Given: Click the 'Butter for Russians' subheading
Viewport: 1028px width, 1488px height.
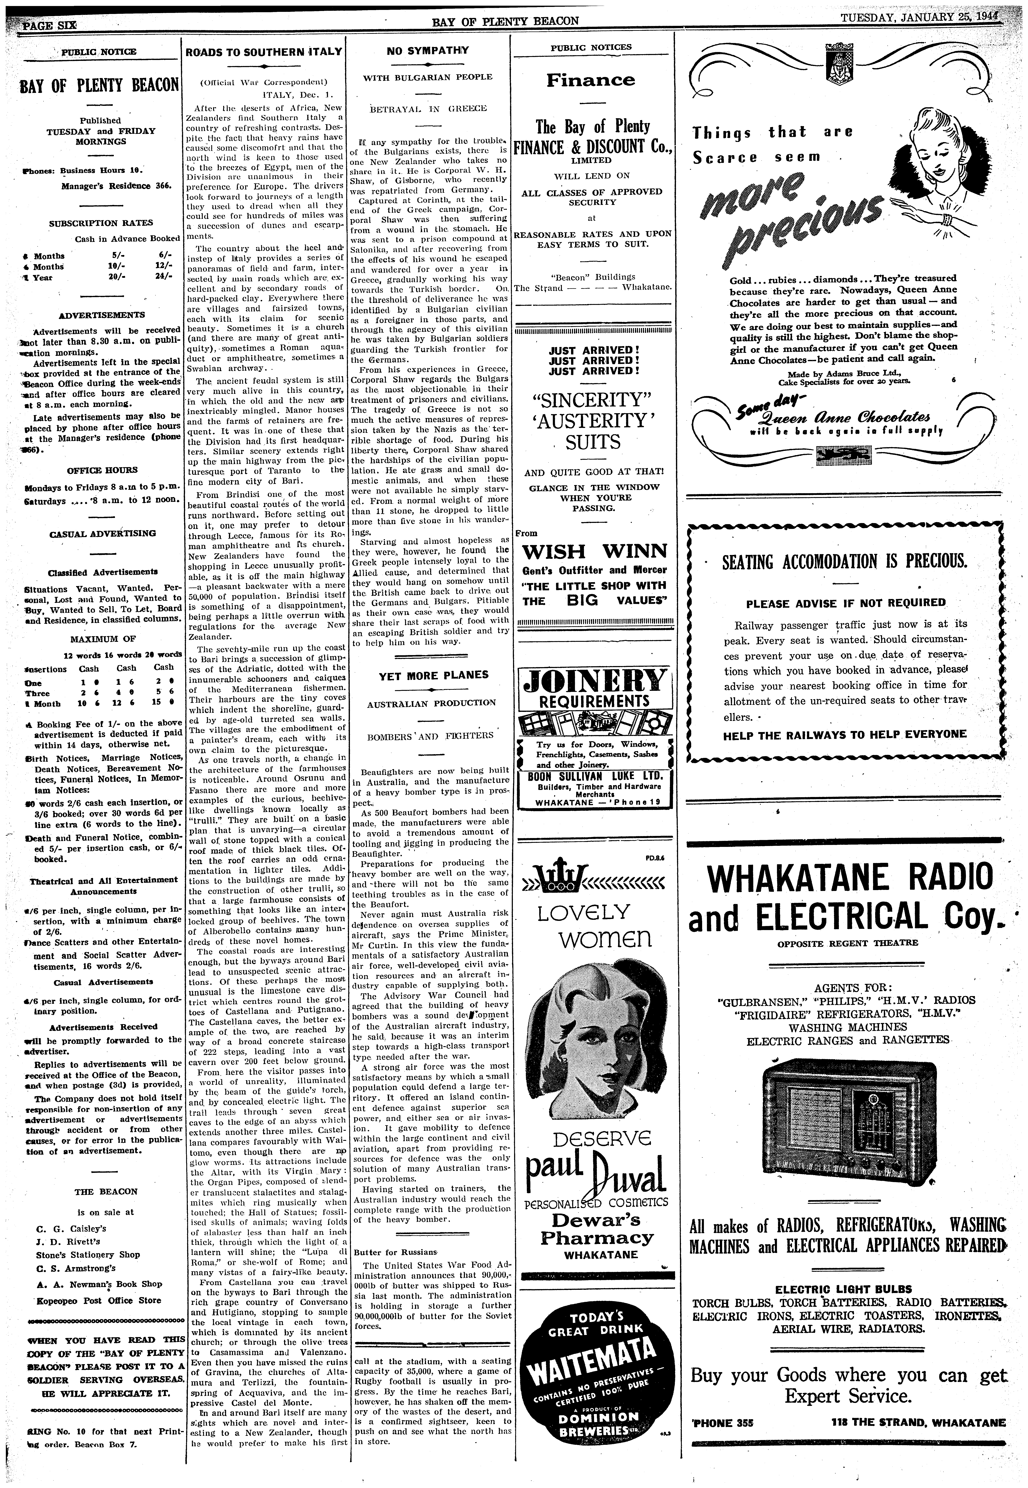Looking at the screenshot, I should point(386,1252).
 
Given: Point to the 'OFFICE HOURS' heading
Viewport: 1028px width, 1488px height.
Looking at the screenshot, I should point(102,470).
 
